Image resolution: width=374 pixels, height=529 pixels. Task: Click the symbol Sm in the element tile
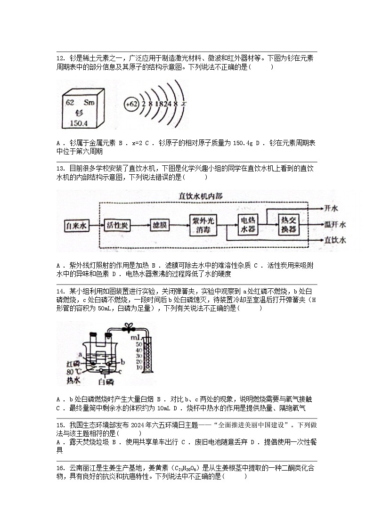89,102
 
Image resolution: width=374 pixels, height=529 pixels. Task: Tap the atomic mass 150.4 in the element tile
79,123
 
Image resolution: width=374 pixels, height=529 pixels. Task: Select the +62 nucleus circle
131,104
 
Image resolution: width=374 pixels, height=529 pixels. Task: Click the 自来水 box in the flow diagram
76,226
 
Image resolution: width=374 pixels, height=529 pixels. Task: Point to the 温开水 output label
335,224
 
